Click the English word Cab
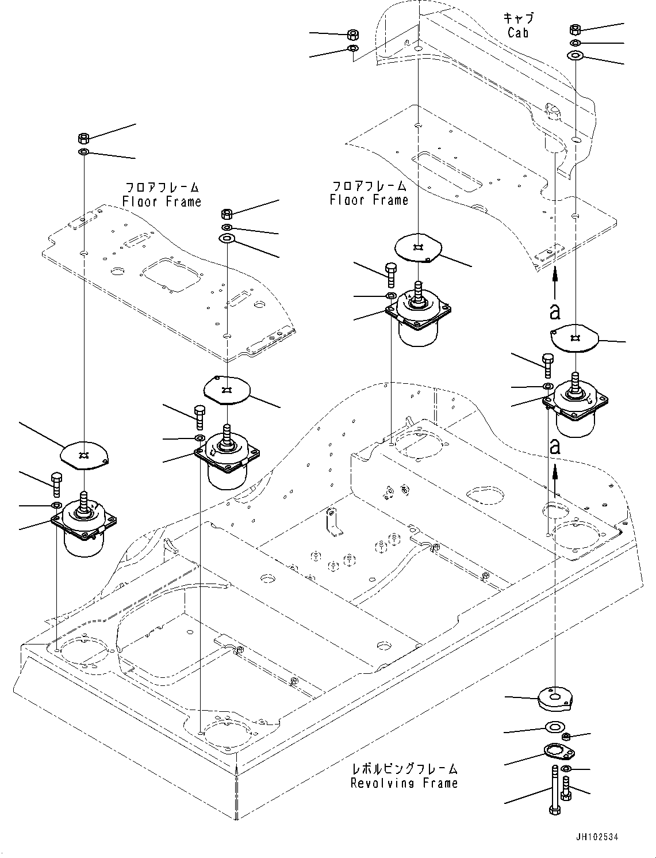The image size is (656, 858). pyautogui.click(x=517, y=33)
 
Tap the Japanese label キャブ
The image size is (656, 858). pyautogui.click(x=517, y=18)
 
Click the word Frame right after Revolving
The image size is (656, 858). pyautogui.click(x=440, y=783)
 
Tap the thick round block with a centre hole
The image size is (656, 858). pyautogui.click(x=554, y=699)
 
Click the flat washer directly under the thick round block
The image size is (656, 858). pyautogui.click(x=554, y=727)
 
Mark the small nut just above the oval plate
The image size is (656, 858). pyautogui.click(x=566, y=737)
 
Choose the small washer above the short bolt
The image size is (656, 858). pyautogui.click(x=566, y=769)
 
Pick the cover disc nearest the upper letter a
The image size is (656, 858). pyautogui.click(x=574, y=338)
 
